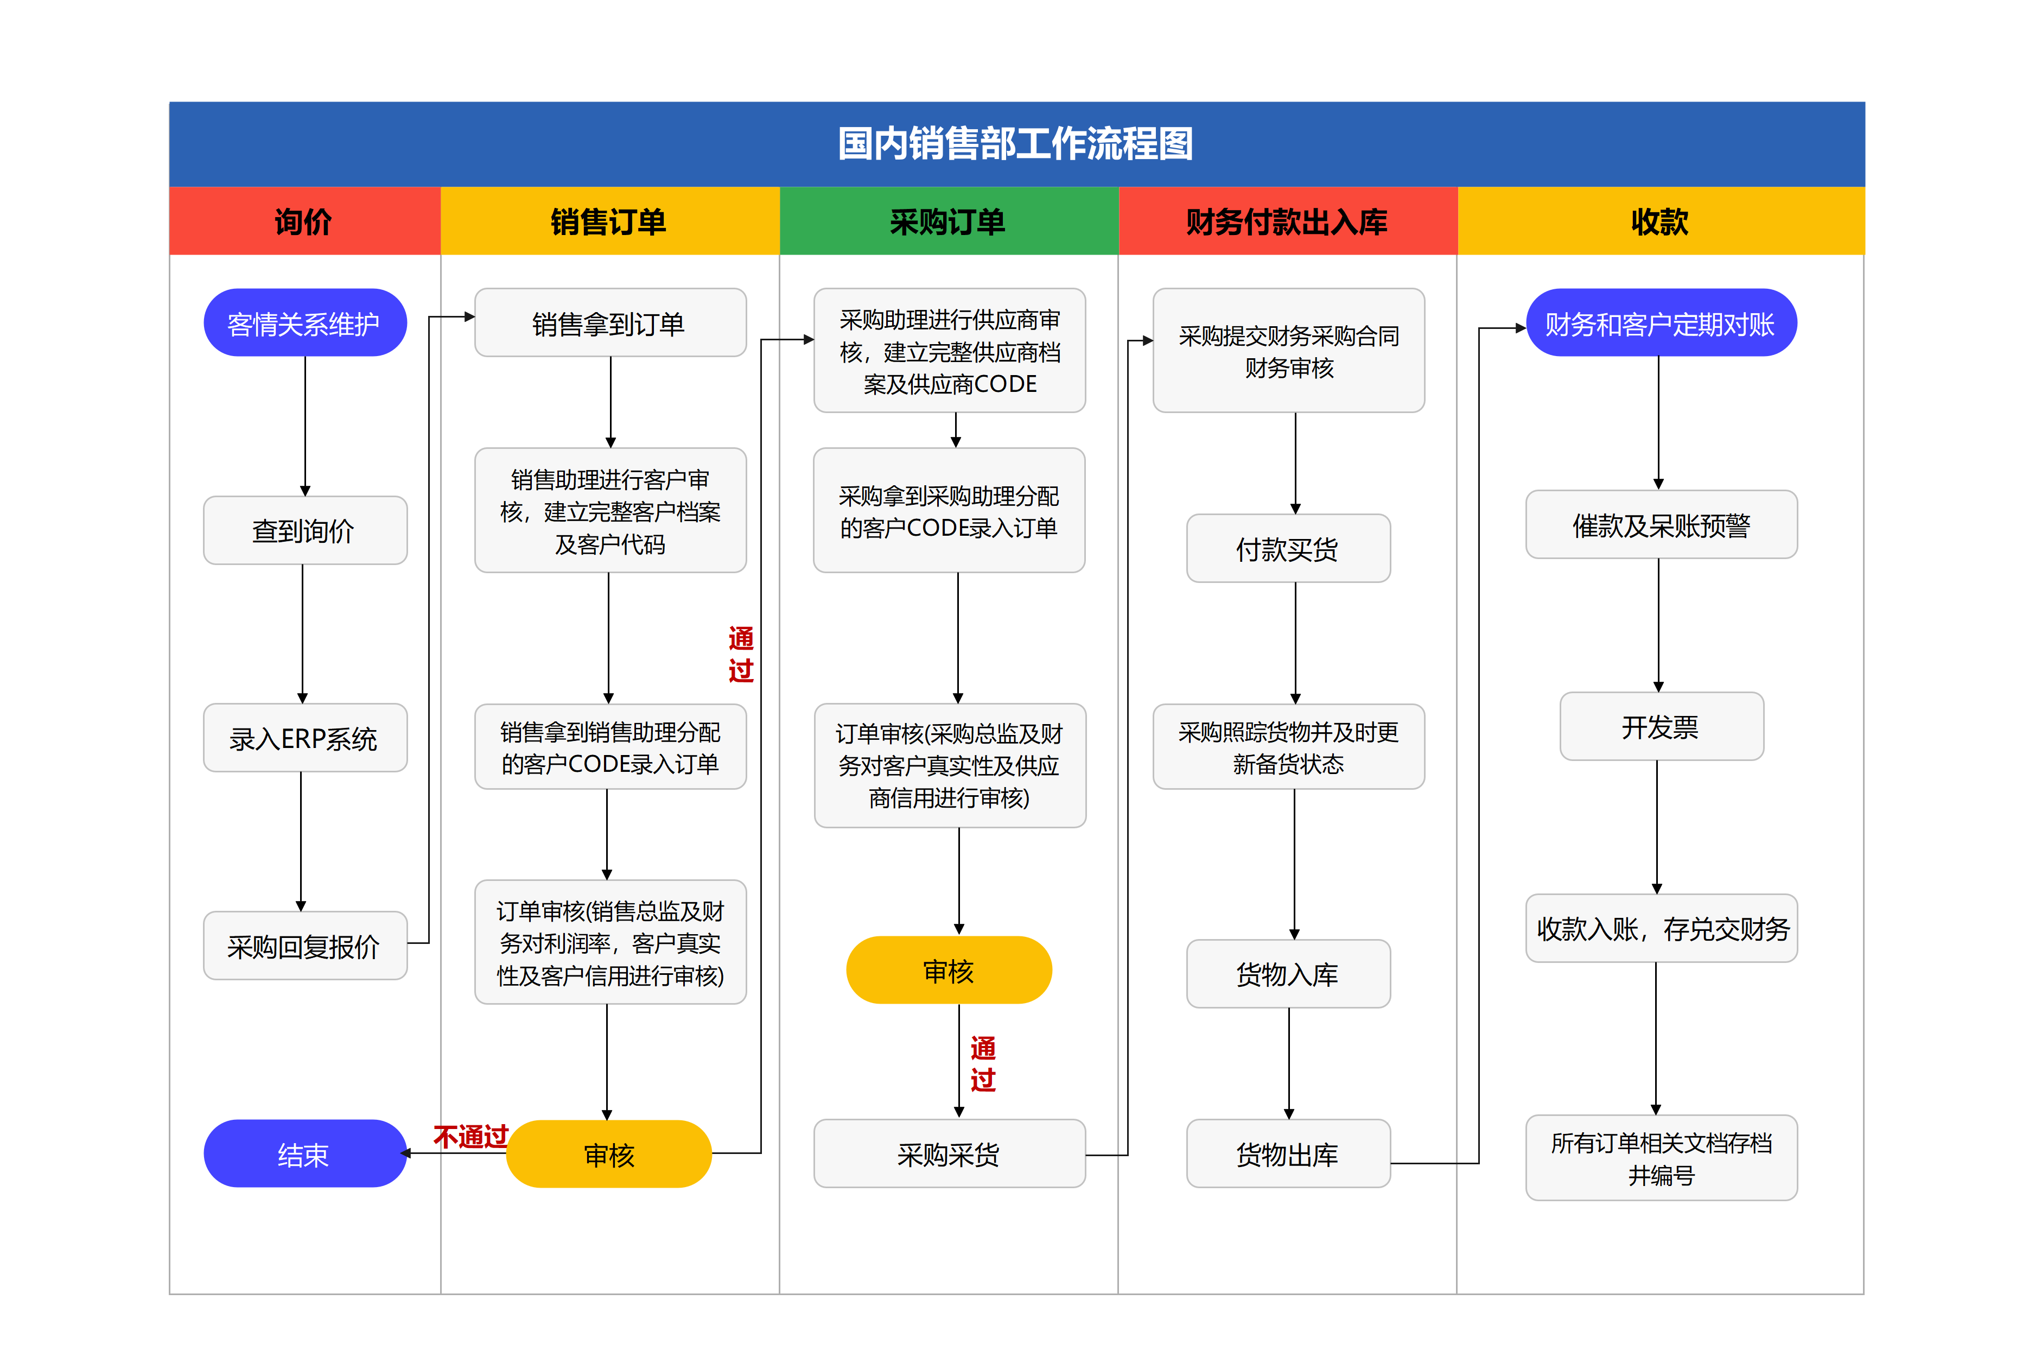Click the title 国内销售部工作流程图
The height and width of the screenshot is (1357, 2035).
pos(1016,144)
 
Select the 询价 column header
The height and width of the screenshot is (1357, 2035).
pos(304,221)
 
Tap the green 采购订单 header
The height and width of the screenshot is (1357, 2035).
pos(948,221)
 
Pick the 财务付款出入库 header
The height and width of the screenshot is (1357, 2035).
pos(1287,221)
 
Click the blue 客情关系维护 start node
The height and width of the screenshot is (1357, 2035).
pos(304,323)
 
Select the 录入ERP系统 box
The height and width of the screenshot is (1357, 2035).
pos(304,738)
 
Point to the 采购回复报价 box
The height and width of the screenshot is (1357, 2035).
pos(304,946)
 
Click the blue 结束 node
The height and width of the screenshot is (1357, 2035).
pos(304,1153)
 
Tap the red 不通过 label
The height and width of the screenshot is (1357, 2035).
pos(470,1136)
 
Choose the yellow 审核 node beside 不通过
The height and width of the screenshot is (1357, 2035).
pos(609,1153)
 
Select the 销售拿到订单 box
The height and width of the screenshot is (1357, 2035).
pos(610,323)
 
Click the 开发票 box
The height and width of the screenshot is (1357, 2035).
pos(1661,727)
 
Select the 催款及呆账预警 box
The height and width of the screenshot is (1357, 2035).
pos(1661,524)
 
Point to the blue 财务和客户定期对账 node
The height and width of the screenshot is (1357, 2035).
pos(1661,323)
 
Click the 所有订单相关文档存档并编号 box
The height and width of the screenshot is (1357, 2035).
pos(1661,1158)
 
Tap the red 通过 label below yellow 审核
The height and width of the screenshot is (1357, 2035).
pos(983,1064)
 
